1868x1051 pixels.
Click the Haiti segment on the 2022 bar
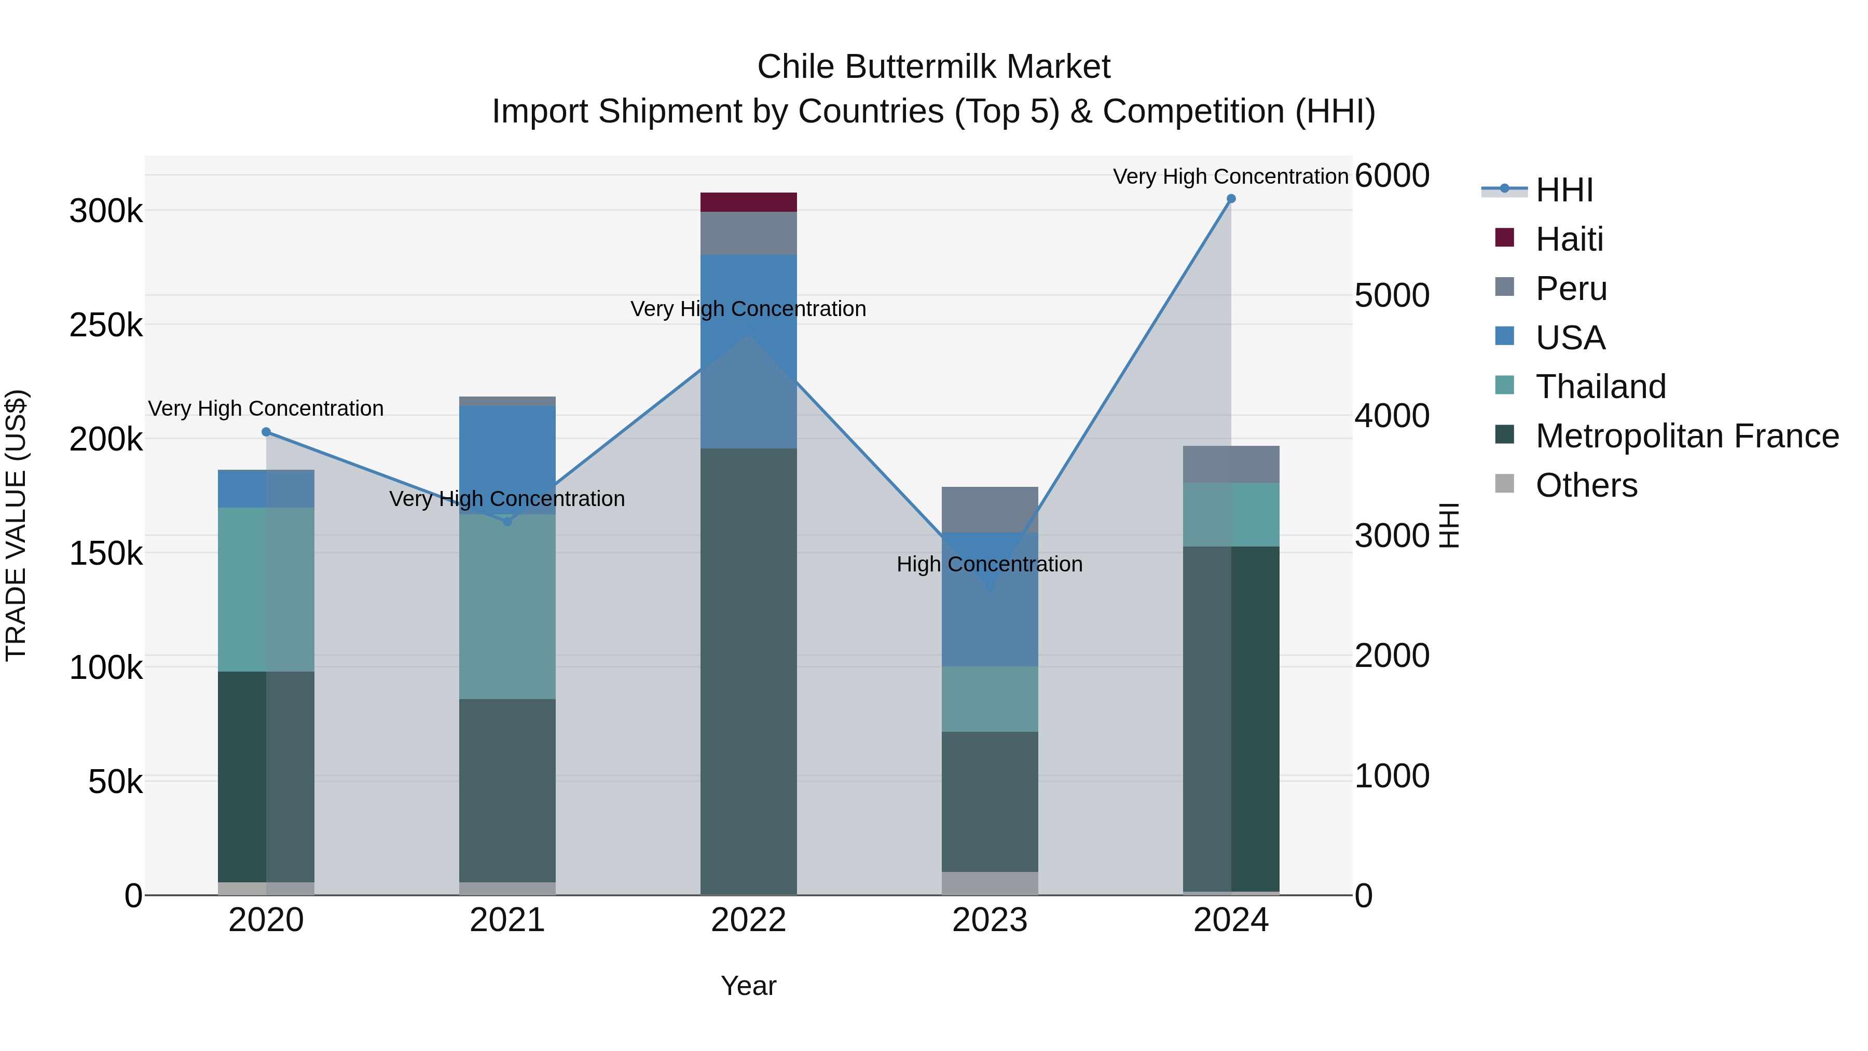tap(748, 202)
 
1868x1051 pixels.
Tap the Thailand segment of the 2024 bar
tap(1231, 514)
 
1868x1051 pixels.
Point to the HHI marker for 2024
tap(1231, 199)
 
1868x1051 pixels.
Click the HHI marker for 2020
tap(266, 432)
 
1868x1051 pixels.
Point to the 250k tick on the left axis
tap(106, 325)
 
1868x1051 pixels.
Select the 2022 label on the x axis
tap(748, 920)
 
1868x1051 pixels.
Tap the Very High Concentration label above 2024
tap(1231, 176)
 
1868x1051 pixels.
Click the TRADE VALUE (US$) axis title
tap(17, 525)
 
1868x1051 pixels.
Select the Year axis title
tap(748, 986)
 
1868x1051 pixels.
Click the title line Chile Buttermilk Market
tap(933, 67)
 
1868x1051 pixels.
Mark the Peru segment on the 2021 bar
tap(507, 401)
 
